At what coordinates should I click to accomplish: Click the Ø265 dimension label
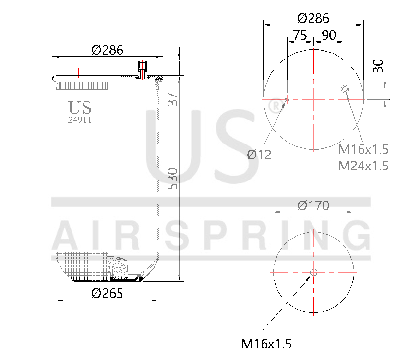pos(107,293)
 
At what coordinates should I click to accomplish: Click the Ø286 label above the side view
pos(107,49)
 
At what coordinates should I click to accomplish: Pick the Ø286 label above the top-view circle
pos(313,18)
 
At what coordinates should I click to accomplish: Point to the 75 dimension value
pos(300,36)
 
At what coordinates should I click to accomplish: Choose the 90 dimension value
pos(329,36)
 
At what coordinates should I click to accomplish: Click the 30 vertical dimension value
pos(379,66)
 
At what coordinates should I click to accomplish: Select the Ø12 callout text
pos(259,155)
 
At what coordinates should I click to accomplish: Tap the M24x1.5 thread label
pos(363,166)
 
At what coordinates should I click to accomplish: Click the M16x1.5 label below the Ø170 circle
pos(266,344)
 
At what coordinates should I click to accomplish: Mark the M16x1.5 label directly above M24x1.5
pos(363,150)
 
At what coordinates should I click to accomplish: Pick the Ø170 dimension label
pos(313,205)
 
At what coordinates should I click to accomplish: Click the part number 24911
pos(80,120)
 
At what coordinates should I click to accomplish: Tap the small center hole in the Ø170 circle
pos(313,272)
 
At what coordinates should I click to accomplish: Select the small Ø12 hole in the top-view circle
pos(287,99)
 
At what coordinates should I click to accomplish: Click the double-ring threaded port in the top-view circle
pos(345,89)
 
